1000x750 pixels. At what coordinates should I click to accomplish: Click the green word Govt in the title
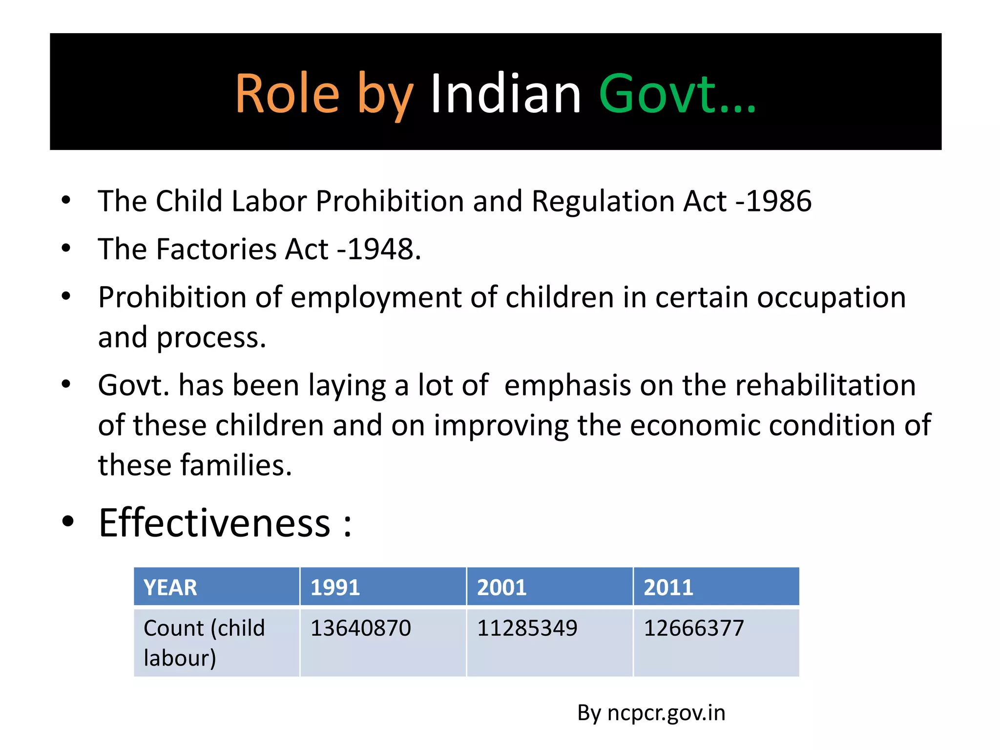point(657,93)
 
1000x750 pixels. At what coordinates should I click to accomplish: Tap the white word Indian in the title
point(505,93)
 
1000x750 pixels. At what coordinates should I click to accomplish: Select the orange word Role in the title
point(287,93)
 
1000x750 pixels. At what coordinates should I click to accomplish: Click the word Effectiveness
point(215,522)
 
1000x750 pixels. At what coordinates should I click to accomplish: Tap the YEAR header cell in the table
point(170,587)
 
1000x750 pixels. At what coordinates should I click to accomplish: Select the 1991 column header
point(335,587)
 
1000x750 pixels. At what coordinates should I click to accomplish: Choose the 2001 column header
point(501,587)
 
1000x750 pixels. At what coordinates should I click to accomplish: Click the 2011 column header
point(668,587)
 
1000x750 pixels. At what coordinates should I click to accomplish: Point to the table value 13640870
point(361,628)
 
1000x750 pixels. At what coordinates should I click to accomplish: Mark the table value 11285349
point(527,628)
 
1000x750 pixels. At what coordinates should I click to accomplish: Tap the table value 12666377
point(694,628)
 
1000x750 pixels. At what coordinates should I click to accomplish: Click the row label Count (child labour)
point(204,643)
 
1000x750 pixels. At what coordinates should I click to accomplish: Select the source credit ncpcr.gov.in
point(666,713)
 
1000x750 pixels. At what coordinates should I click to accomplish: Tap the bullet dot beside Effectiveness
point(68,521)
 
